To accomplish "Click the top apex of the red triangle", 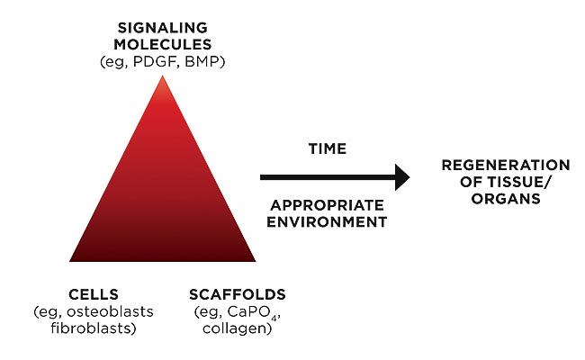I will pyautogui.click(x=162, y=76).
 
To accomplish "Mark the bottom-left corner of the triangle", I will pyautogui.click(x=71, y=260).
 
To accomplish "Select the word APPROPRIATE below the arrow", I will pyautogui.click(x=327, y=206).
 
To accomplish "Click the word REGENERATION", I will pyautogui.click(x=506, y=166).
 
